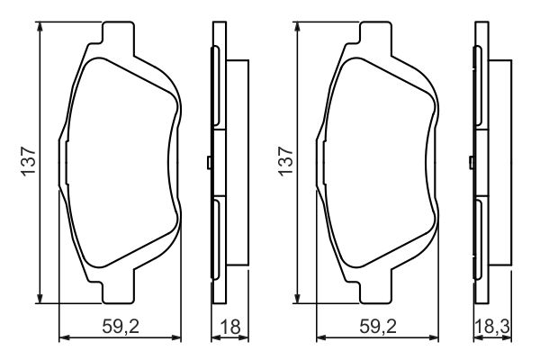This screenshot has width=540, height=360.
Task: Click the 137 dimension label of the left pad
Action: pyautogui.click(x=29, y=161)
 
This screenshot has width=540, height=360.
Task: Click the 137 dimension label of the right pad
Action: pyautogui.click(x=286, y=161)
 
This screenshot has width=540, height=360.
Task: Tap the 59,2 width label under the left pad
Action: pyautogui.click(x=121, y=326)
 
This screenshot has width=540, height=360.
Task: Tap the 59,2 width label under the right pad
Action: pyautogui.click(x=378, y=326)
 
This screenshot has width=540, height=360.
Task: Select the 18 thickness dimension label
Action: pyautogui.click(x=230, y=326)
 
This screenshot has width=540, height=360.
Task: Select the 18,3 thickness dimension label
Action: pyautogui.click(x=492, y=326)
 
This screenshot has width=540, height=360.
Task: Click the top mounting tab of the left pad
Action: pyautogui.click(x=118, y=37)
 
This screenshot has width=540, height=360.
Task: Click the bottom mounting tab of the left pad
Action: pyautogui.click(x=118, y=288)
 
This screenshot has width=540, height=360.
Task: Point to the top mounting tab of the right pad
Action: pyautogui.click(x=375, y=37)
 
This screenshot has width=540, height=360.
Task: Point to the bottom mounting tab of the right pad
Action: pyautogui.click(x=375, y=288)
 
